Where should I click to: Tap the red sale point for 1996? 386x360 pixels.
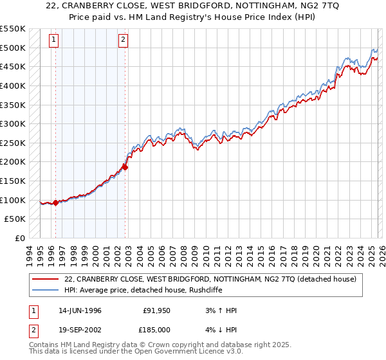tap(56, 203)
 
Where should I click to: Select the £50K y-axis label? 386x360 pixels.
tap(15, 219)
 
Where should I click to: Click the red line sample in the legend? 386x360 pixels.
tap(45, 278)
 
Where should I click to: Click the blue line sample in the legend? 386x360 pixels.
tap(45, 289)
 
